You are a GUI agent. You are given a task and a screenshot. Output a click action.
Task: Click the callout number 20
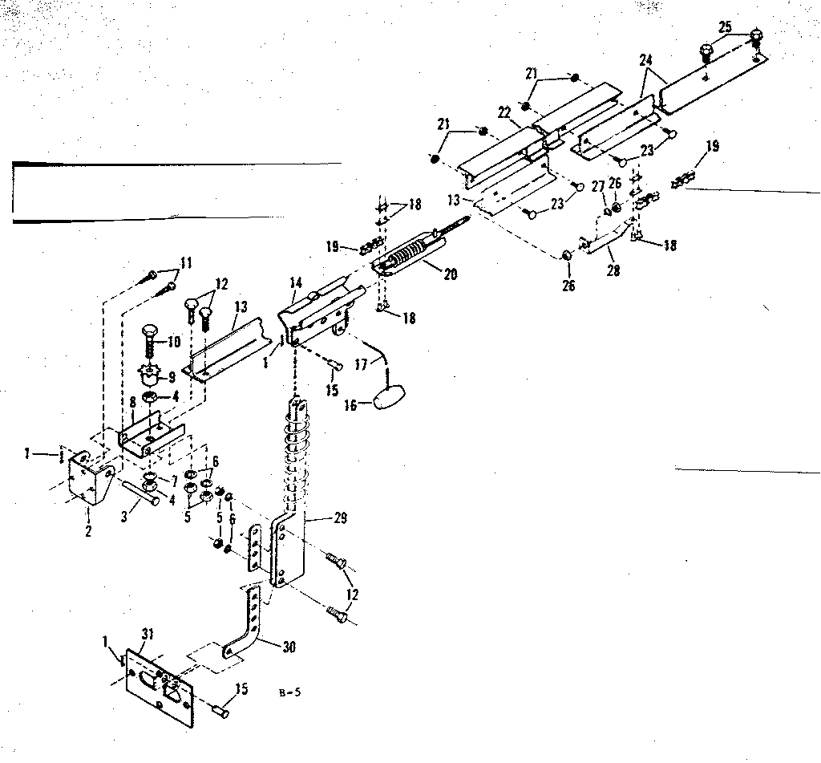(450, 274)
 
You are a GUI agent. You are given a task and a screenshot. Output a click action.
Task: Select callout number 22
(504, 113)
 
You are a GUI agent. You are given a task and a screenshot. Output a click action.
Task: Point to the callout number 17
(361, 363)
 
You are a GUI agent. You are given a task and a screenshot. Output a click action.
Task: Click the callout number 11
(186, 262)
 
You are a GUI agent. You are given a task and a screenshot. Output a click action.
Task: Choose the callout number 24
(647, 60)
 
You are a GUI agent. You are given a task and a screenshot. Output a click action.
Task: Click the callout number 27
(598, 186)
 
